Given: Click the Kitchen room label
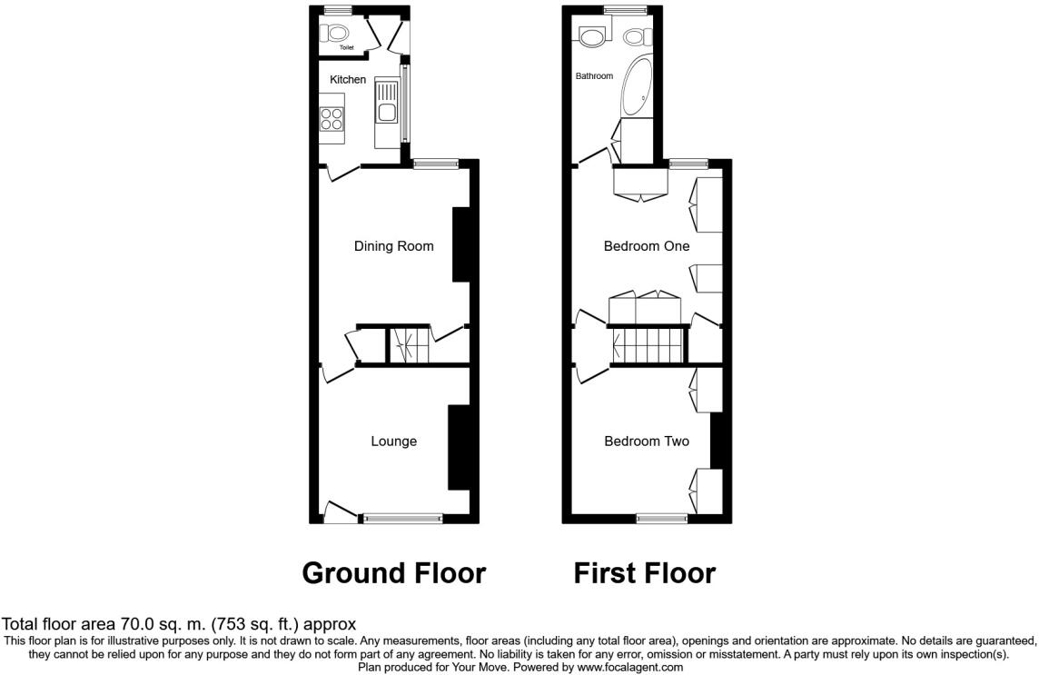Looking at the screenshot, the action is click(348, 80).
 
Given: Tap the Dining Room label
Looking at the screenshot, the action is click(393, 246).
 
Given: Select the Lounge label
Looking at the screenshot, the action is click(393, 441).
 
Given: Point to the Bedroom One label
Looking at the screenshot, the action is click(647, 246).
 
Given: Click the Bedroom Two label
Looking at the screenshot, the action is click(647, 441).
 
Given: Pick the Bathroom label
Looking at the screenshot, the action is click(594, 76).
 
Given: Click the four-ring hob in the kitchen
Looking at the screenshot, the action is click(331, 119).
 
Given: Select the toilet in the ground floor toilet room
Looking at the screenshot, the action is click(334, 33).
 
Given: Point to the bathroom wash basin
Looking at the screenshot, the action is click(592, 35).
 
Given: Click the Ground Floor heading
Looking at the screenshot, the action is click(394, 573).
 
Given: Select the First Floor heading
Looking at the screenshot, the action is click(645, 573).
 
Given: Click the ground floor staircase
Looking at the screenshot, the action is click(408, 345).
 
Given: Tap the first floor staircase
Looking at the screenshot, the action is click(648, 345).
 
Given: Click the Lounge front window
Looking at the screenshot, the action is click(403, 519).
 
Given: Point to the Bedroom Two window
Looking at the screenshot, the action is click(662, 519).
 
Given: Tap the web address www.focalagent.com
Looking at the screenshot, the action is click(629, 667).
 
